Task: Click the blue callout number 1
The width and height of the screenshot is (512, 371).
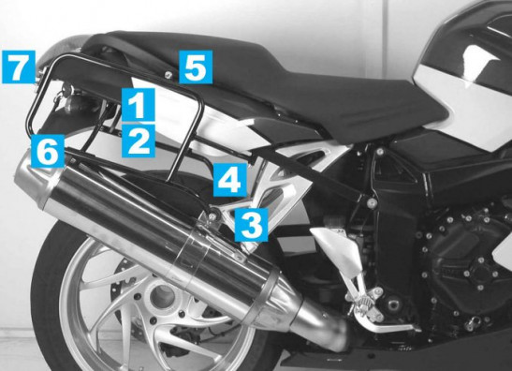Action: point(139,104)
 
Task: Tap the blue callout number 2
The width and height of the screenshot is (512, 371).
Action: point(139,141)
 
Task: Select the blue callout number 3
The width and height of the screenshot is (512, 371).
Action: point(252,225)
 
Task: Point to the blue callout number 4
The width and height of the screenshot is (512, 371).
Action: point(230,180)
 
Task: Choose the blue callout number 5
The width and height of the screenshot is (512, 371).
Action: point(196,67)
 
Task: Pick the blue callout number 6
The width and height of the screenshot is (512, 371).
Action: point(48,151)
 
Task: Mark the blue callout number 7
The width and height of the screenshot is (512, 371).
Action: point(19,67)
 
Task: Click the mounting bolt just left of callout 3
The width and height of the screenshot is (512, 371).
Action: point(213,215)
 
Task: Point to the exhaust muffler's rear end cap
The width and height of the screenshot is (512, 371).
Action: point(32,175)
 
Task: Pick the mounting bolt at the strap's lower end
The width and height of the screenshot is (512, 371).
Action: point(371,203)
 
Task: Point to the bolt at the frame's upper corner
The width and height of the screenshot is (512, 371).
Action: point(380,152)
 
